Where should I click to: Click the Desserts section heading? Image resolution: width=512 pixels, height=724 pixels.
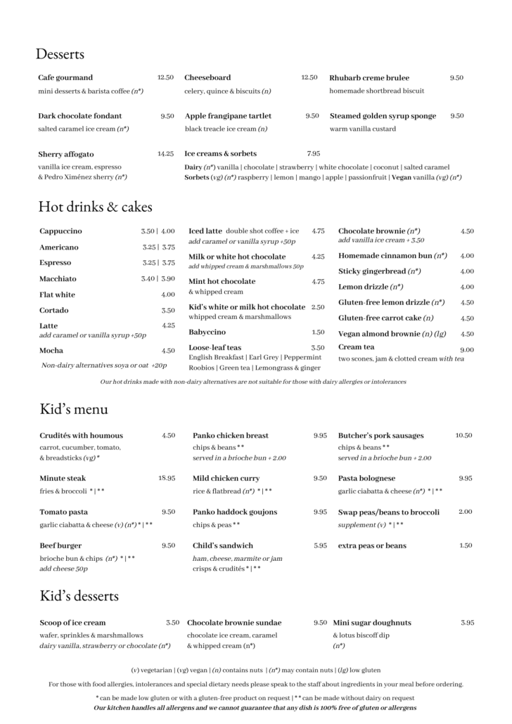[x=60, y=54]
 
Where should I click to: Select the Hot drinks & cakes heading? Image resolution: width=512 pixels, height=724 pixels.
[x=95, y=207]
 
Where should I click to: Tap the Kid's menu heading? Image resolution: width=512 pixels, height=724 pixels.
[x=73, y=409]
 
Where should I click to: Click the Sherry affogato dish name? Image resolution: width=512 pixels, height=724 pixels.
[x=66, y=154]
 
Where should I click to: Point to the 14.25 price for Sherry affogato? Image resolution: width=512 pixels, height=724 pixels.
[x=166, y=153]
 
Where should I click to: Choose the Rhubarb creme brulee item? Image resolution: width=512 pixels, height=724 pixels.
[x=369, y=78]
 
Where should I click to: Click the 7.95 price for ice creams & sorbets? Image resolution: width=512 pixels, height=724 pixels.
[x=314, y=153]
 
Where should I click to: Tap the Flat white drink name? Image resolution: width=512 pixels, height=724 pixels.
[x=57, y=295]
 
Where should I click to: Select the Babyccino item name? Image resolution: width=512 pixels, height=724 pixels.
[x=207, y=332]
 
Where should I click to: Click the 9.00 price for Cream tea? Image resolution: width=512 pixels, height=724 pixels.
[x=467, y=349]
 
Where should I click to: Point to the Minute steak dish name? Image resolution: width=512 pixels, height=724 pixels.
[x=64, y=478]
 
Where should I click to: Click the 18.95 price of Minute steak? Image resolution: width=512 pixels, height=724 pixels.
[x=167, y=478]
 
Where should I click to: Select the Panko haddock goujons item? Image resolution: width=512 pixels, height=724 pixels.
[x=235, y=512]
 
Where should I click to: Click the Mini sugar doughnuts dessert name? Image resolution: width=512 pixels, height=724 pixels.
[x=372, y=623]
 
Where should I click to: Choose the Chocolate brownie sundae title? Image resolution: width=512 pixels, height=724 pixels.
[x=234, y=623]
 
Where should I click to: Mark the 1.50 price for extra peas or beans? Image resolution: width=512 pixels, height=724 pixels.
[x=466, y=545]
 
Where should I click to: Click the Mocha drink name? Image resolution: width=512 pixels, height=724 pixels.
[x=51, y=350]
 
